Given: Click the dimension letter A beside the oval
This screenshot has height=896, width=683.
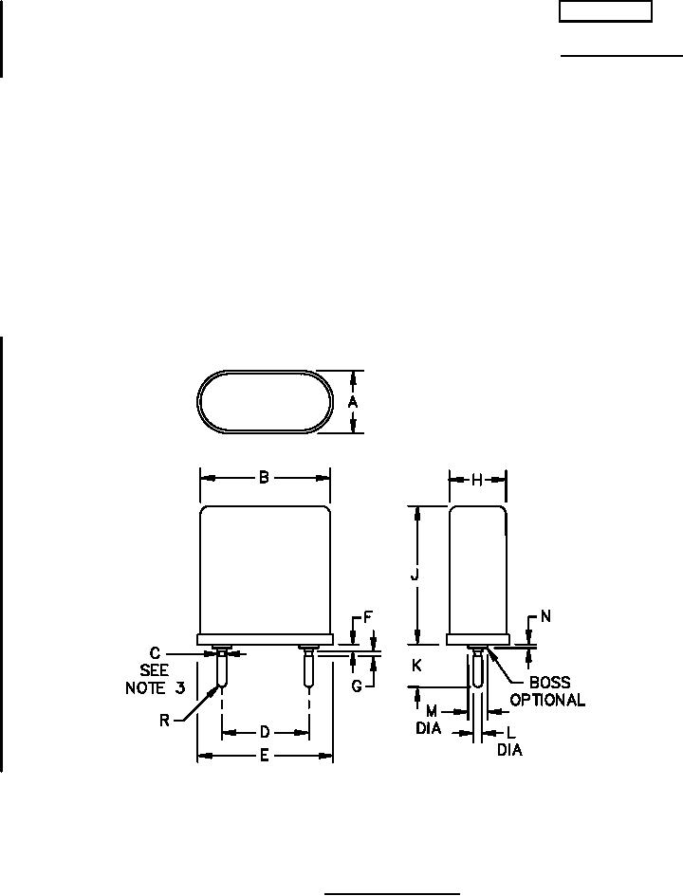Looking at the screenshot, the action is pyautogui.click(x=353, y=402).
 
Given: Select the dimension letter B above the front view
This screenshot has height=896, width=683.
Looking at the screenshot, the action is pyautogui.click(x=264, y=478).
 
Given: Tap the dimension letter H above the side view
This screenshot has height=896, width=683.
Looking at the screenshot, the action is pyautogui.click(x=476, y=481).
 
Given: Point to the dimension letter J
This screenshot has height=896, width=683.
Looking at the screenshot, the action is pyautogui.click(x=415, y=575).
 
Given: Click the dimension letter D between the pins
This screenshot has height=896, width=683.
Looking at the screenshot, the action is pyautogui.click(x=265, y=732).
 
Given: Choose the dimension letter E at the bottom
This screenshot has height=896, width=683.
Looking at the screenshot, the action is pyautogui.click(x=264, y=756).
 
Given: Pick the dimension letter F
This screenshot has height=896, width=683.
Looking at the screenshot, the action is pyautogui.click(x=368, y=617).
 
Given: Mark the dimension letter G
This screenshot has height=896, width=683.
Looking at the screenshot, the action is pyautogui.click(x=357, y=686).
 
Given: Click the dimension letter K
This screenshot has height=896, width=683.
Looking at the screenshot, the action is pyautogui.click(x=416, y=666).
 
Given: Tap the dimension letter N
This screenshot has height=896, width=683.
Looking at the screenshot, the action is pyautogui.click(x=545, y=616).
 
